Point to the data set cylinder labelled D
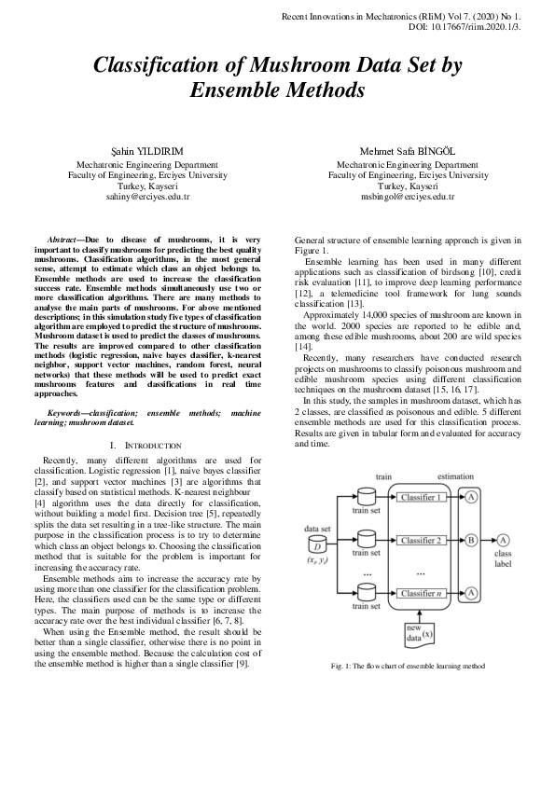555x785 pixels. point(313,545)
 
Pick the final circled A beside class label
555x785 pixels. point(504,540)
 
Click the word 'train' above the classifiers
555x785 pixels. point(383,476)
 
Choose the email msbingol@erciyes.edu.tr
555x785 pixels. point(408,198)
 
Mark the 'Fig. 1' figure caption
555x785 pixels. point(408,665)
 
